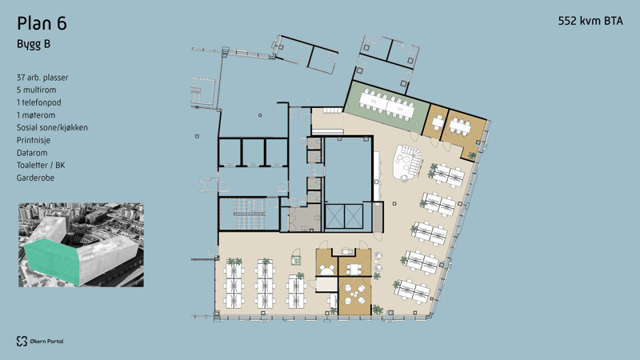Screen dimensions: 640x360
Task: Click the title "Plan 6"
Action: click(42, 23)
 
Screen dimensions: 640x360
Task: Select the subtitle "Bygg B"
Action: click(34, 44)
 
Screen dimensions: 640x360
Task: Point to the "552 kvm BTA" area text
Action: click(590, 21)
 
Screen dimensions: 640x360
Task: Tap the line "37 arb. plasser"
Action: click(42, 78)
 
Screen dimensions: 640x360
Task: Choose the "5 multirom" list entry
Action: click(36, 90)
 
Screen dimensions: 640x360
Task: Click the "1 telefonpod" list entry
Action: click(38, 102)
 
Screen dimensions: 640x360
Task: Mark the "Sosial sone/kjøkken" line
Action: click(52, 128)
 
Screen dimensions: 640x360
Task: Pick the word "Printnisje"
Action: click(34, 141)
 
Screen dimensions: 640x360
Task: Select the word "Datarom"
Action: click(32, 153)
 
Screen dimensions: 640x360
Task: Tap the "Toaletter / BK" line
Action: click(41, 166)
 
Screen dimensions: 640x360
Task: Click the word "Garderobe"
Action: click(35, 178)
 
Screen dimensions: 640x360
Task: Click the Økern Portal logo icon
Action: click(22, 342)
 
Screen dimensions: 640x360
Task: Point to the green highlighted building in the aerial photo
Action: click(51, 262)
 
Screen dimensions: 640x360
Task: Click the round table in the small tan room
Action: click(326, 270)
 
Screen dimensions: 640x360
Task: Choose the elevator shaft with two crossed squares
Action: click(344, 216)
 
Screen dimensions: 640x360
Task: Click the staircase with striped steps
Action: click(249, 214)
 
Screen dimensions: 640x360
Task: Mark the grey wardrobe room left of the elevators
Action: click(305, 217)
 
